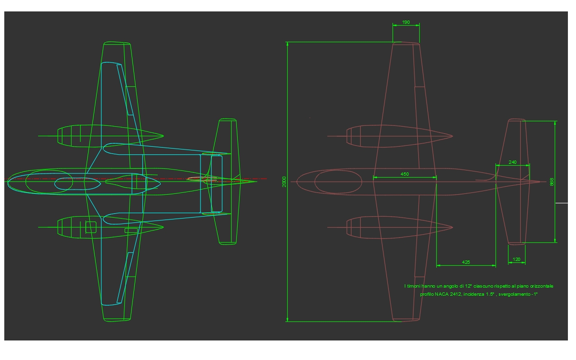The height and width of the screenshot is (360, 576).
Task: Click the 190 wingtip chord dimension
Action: pyautogui.click(x=405, y=22)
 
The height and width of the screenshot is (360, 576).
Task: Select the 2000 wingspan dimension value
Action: pyautogui.click(x=284, y=181)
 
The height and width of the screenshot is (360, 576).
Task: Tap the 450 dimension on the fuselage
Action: pyautogui.click(x=404, y=174)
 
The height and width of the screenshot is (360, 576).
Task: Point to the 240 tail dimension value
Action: pyautogui.click(x=512, y=162)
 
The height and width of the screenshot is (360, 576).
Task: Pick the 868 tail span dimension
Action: pyautogui.click(x=552, y=181)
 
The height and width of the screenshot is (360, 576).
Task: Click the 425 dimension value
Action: pyautogui.click(x=466, y=262)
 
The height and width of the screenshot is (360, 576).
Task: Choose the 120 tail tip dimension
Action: pyautogui.click(x=516, y=260)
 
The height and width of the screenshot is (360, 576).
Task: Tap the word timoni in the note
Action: pyautogui.click(x=416, y=286)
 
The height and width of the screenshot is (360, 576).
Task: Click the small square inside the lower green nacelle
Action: pyautogui.click(x=91, y=227)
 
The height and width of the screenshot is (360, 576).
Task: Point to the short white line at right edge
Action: pyautogui.click(x=562, y=203)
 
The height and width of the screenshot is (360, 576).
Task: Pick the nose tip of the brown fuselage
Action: pyautogui.click(x=297, y=181)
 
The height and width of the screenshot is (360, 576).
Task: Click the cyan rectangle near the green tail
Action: pyautogui.click(x=216, y=183)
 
